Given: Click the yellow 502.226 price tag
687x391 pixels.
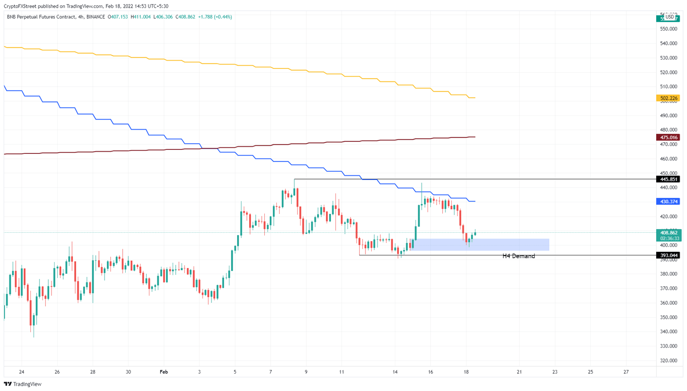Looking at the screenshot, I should coord(668,98).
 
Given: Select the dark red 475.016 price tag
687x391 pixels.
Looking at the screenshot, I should coord(668,137).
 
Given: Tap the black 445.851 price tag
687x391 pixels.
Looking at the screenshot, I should coord(668,179).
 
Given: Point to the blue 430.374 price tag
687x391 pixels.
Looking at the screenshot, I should coord(668,202).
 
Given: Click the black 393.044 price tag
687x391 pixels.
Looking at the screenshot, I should coord(668,255).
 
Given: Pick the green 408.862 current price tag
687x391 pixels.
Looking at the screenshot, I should coord(668,233).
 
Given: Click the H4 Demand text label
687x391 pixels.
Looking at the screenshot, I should coord(518,256).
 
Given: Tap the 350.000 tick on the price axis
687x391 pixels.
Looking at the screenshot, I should coord(669,318).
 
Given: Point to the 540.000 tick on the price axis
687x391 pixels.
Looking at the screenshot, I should coord(669,44).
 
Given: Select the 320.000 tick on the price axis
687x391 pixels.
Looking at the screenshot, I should coord(669,361).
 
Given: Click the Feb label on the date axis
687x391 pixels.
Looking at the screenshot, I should coord(164,372).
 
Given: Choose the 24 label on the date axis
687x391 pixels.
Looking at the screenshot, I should coord(21,372).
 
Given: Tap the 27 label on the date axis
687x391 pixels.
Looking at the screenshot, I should coord(626,372).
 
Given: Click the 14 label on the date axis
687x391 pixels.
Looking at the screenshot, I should coord(395,372).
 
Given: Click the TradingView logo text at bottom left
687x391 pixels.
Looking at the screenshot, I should coord(23,384).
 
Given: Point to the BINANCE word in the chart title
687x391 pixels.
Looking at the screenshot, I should coord(95,17).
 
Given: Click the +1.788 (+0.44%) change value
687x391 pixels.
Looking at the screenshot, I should coord(214,17).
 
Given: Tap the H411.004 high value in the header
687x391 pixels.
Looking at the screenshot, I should coord(140,17).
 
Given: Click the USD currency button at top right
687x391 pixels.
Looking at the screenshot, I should coord(670,17).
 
